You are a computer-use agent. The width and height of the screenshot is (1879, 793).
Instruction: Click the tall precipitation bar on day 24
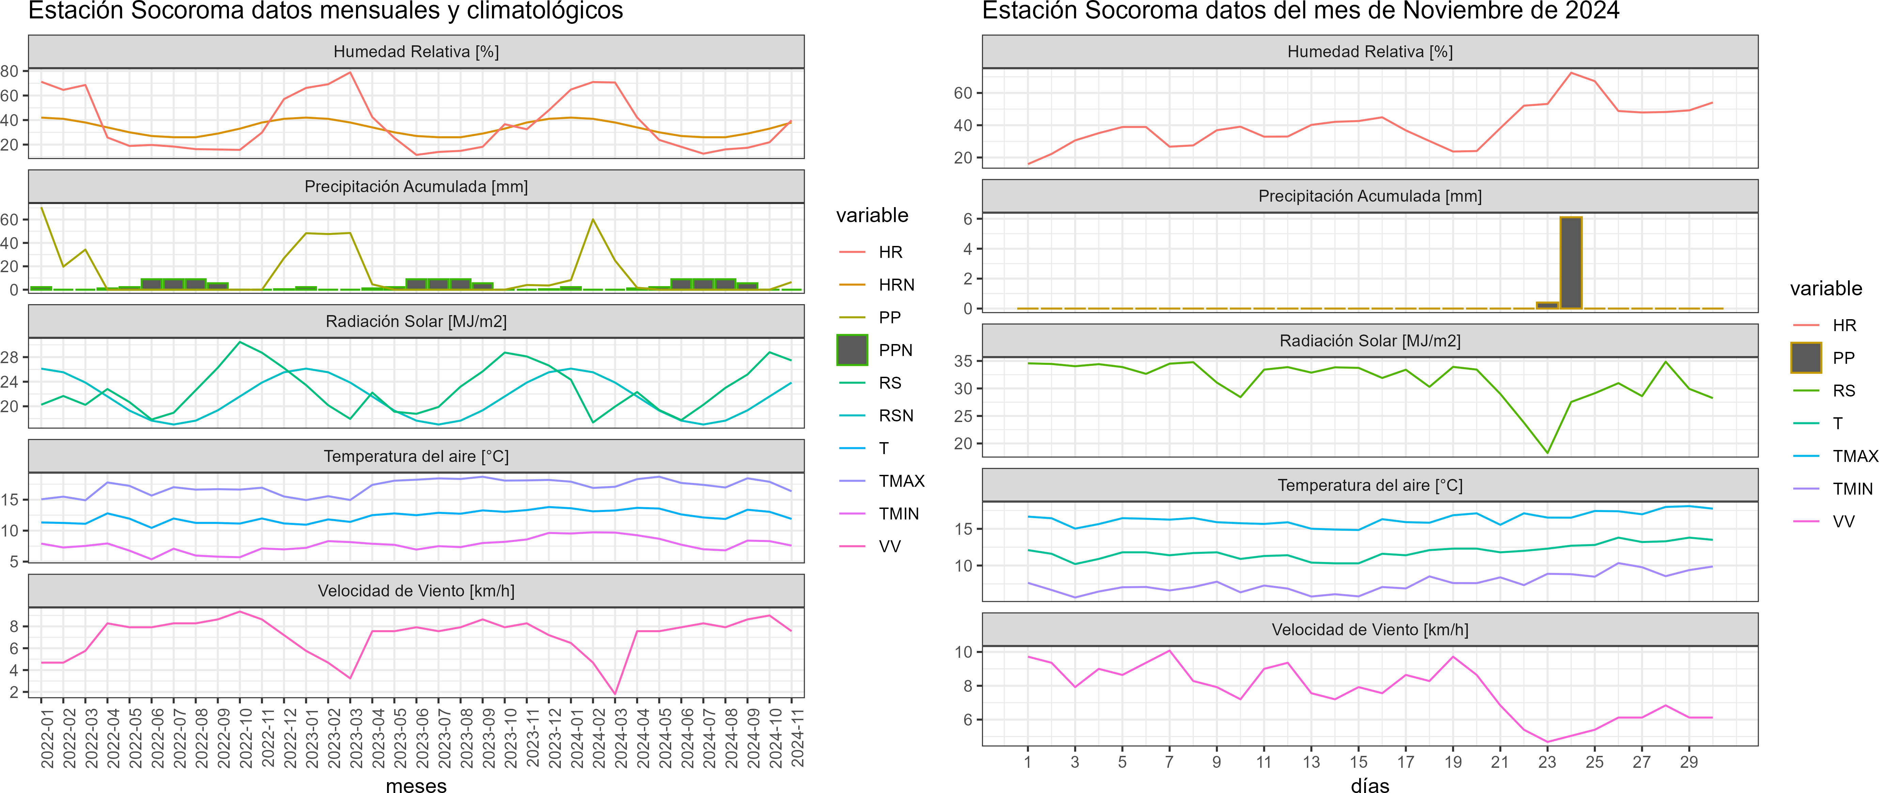(1570, 263)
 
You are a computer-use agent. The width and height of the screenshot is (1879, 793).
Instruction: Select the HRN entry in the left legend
(896, 284)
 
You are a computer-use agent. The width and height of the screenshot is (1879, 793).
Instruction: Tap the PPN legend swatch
(852, 350)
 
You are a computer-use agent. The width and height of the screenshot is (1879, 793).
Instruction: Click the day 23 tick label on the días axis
(1547, 762)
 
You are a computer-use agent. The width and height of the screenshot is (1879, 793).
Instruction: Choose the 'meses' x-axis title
(416, 785)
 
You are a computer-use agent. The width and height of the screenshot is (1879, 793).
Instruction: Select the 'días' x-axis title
(1370, 785)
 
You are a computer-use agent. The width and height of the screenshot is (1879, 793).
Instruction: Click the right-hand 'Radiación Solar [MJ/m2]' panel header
(1370, 341)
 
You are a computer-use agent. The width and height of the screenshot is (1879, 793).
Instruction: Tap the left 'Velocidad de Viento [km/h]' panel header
(416, 591)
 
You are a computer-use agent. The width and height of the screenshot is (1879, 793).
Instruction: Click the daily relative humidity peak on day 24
(1570, 73)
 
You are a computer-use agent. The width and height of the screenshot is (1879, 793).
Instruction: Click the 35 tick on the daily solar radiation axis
(963, 361)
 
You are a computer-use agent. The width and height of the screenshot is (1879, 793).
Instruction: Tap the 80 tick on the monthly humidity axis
(10, 71)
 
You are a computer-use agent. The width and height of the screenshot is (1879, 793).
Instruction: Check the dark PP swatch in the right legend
(1806, 357)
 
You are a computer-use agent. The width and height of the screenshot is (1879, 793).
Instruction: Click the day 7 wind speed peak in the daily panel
(1169, 650)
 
